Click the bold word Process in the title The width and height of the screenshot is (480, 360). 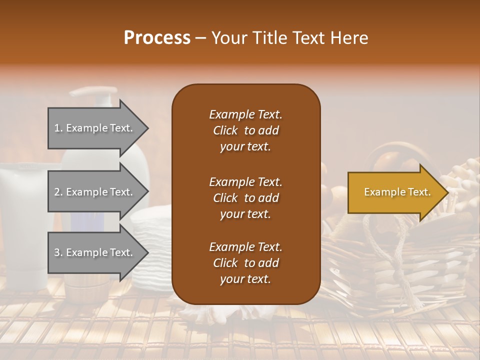[157, 38]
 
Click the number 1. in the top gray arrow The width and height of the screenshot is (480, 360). [58, 128]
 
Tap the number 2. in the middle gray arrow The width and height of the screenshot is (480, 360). [58, 192]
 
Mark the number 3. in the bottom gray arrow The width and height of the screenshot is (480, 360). [58, 252]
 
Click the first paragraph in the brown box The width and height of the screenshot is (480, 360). [245, 130]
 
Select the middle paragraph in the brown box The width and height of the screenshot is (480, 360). [245, 198]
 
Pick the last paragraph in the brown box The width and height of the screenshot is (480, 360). [245, 263]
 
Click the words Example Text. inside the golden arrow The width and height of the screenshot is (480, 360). [397, 192]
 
